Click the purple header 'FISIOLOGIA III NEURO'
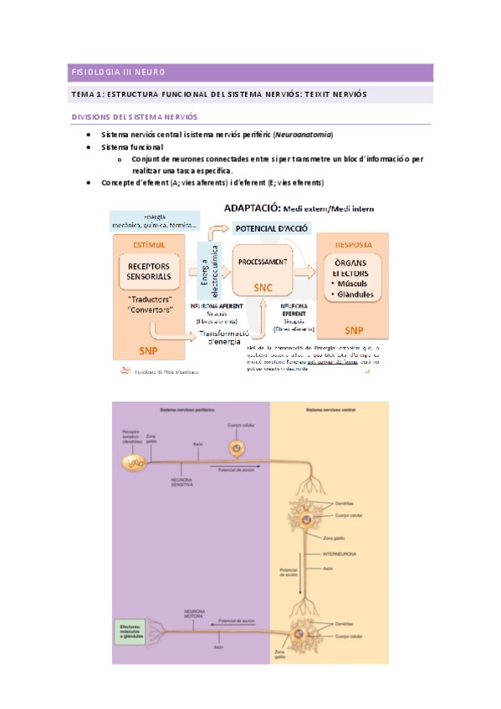point(118,73)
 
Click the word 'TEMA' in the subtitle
point(84,94)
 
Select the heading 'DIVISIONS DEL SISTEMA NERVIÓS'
point(134,117)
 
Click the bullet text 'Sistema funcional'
point(132,147)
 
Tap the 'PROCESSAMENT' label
point(263,261)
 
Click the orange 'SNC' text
point(263,287)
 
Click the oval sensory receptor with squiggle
point(132,462)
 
